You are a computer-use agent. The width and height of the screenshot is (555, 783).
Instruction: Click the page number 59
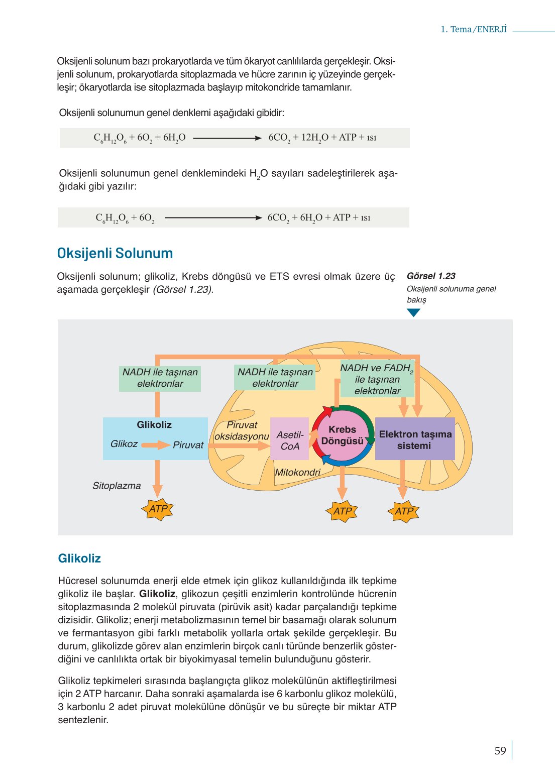[x=500, y=751]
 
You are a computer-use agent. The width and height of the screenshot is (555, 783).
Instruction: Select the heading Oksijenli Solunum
[x=115, y=253]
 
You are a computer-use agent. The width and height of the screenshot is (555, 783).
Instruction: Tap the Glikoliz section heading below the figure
[x=79, y=558]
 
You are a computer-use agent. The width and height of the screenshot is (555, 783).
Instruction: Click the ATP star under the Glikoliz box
[x=158, y=509]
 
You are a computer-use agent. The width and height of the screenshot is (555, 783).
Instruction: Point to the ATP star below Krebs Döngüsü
[x=343, y=511]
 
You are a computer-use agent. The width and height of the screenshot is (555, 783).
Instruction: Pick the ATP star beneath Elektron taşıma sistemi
[x=404, y=511]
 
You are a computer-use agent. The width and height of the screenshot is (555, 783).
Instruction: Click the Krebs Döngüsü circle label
[x=342, y=435]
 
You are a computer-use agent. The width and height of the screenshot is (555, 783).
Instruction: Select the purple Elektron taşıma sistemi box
[x=415, y=439]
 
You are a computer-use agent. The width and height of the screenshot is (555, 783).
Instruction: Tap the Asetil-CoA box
[x=290, y=440]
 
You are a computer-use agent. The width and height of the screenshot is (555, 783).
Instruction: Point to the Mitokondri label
[x=297, y=472]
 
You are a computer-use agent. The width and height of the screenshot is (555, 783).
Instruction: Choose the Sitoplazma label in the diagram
[x=117, y=486]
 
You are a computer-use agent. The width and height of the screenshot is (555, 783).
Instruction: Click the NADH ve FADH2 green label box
[x=377, y=379]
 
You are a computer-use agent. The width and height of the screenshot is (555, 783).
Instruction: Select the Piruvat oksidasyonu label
[x=242, y=431]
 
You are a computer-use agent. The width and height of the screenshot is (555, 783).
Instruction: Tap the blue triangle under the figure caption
[x=413, y=312]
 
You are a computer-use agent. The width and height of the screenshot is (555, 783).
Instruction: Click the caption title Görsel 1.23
[x=431, y=276]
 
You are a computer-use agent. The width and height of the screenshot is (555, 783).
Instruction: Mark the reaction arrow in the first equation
[x=227, y=138]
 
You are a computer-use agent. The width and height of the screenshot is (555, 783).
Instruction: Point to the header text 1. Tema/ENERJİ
[x=473, y=29]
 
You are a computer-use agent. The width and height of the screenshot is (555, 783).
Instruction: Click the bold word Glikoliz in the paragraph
[x=157, y=594]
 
